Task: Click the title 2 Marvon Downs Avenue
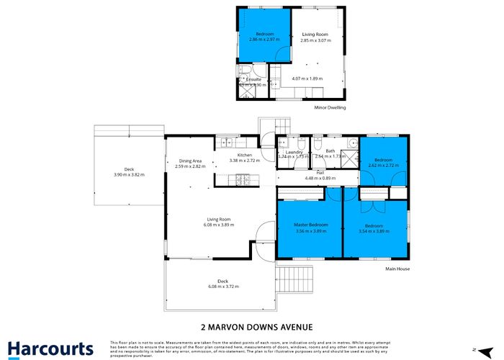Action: (x=252, y=325)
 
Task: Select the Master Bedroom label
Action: (x=311, y=225)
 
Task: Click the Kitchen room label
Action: (x=244, y=156)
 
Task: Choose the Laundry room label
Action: (x=293, y=152)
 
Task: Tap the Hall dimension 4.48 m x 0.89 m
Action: (x=319, y=178)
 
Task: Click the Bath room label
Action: (x=330, y=150)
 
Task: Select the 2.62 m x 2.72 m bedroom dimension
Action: (x=382, y=165)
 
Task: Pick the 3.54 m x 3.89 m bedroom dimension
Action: (x=373, y=231)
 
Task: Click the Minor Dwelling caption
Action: (x=330, y=108)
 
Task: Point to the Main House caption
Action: (x=397, y=269)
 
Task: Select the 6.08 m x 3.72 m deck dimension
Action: (x=222, y=287)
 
